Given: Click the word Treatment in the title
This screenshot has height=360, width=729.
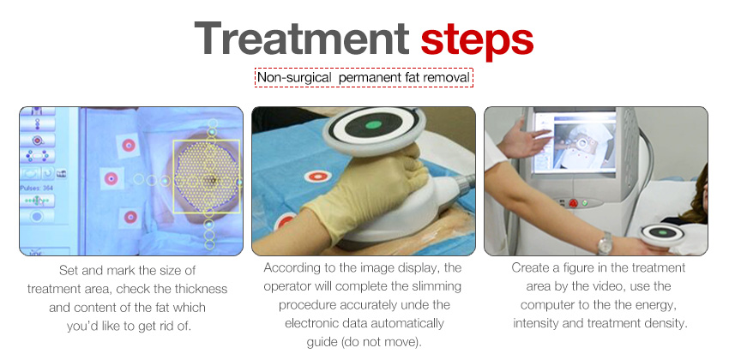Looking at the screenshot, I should (x=302, y=39).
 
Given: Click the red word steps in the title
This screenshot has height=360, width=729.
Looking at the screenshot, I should (x=477, y=39).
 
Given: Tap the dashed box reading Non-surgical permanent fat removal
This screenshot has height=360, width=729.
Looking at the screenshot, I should (x=364, y=78).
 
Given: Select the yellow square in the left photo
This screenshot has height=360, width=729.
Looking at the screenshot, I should (x=206, y=176).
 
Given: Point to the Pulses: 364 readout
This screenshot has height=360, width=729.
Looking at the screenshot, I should (x=37, y=185).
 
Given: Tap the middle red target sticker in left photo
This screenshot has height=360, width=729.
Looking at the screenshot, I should (x=111, y=179).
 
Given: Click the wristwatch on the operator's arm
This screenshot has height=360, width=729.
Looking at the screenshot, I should (x=606, y=242).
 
